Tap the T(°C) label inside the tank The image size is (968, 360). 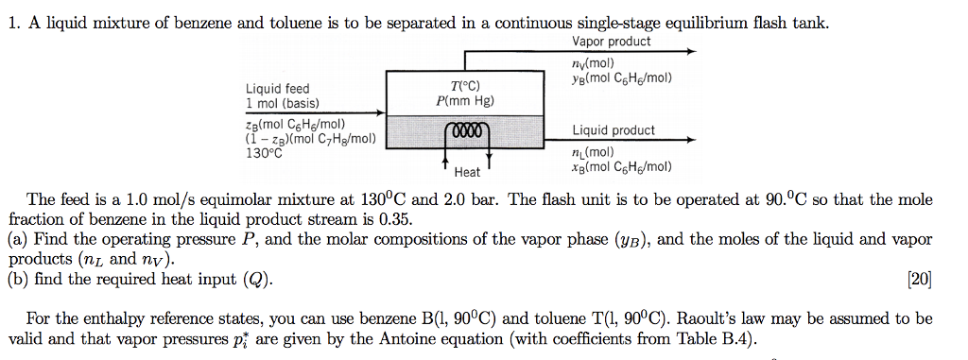[461, 86]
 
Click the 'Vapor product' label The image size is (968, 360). [611, 42]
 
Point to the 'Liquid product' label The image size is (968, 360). [613, 130]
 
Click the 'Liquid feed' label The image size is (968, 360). [277, 90]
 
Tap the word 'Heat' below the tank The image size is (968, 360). [467, 172]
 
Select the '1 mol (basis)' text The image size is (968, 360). [283, 103]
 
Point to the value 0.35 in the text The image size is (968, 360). [399, 219]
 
